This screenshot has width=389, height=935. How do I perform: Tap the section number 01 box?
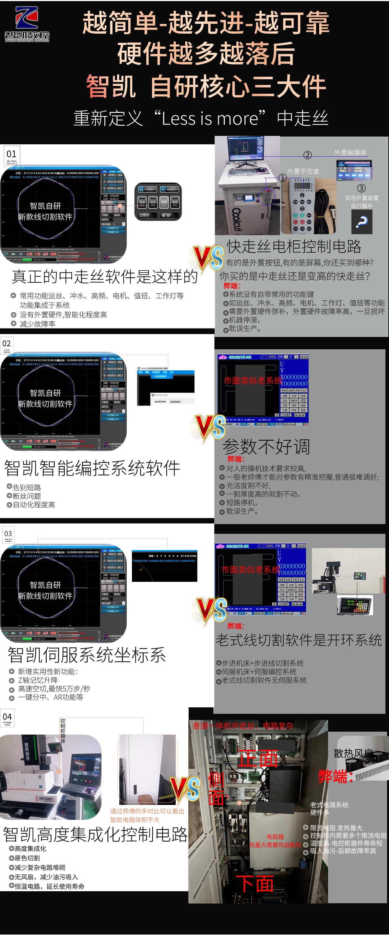click(12, 155)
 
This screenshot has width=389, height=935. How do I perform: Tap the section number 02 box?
click(7, 344)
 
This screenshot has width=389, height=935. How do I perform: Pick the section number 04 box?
click(7, 718)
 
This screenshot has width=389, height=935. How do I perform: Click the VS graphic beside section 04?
click(185, 789)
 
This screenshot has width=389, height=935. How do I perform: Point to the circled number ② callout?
click(307, 155)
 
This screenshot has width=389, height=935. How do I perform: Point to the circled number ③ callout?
click(361, 188)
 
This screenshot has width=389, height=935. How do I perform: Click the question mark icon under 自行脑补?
click(361, 222)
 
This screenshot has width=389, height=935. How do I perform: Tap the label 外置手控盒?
click(303, 171)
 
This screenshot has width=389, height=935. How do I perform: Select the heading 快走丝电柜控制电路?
click(294, 246)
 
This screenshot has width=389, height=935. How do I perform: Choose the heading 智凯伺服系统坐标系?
click(87, 655)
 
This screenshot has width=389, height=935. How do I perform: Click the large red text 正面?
click(257, 759)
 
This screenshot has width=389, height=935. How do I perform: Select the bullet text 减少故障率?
click(37, 324)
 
